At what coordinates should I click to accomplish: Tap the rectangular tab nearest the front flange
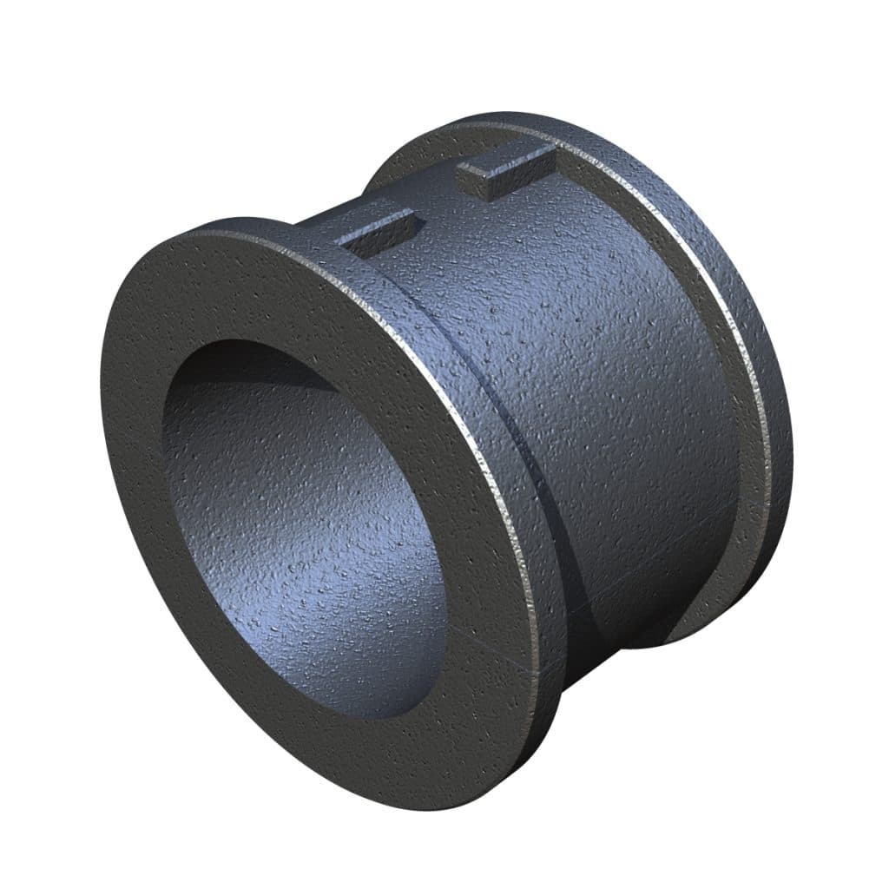tap(379, 230)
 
